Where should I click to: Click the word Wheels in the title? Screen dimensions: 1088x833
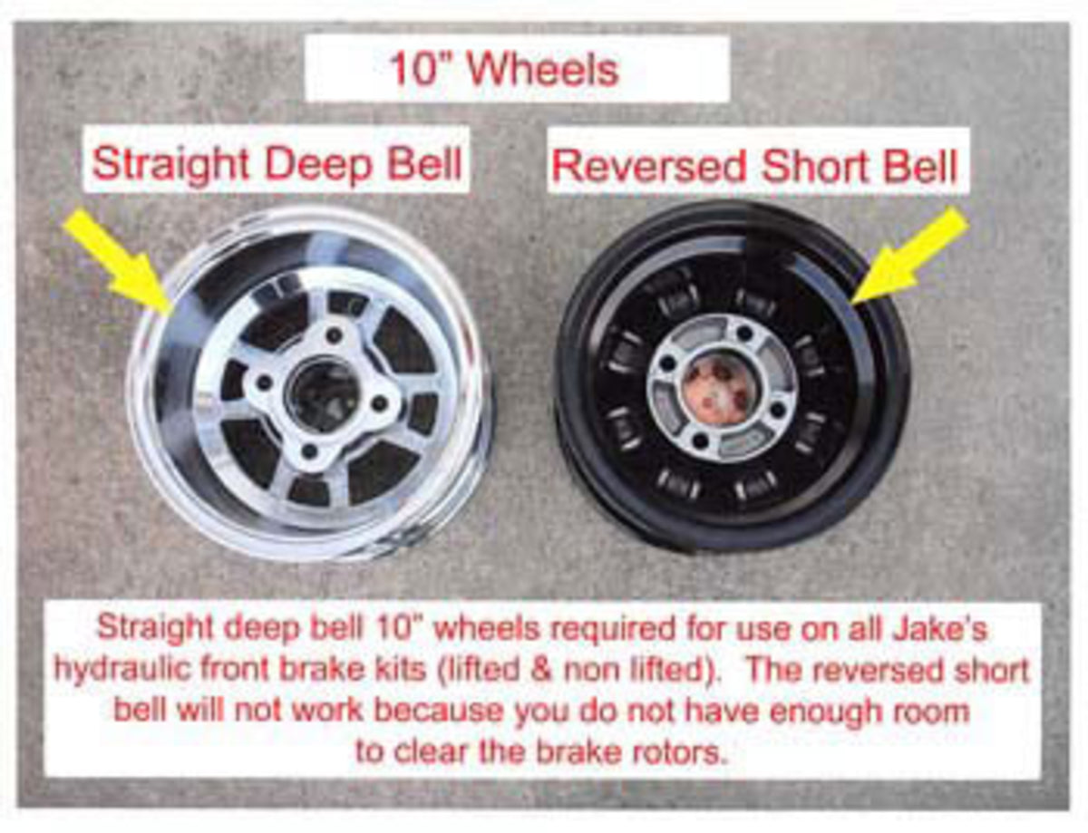544,70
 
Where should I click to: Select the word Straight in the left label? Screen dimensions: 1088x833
171,164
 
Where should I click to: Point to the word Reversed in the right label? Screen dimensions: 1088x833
649,166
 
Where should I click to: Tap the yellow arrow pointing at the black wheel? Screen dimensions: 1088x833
908,255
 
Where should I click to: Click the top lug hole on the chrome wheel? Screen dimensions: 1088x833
333,334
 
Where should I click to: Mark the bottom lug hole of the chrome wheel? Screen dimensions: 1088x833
310,451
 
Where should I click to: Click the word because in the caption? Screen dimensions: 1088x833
438,712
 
